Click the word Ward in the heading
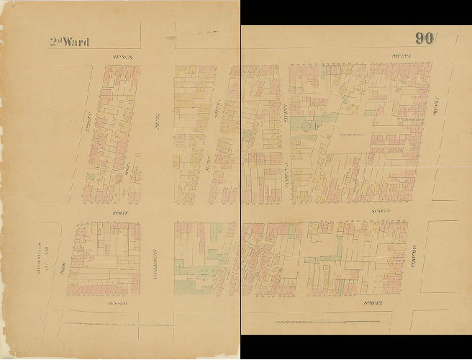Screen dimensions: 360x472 pyautogui.click(x=76, y=42)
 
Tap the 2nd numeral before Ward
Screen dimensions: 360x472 pyautogui.click(x=55, y=42)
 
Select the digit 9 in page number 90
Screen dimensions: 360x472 pyautogui.click(x=419, y=39)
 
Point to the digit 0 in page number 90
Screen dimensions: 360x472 pyautogui.click(x=429, y=39)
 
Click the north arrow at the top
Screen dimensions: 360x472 pyautogui.click(x=191, y=32)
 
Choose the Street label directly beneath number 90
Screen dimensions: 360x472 pyautogui.click(x=400, y=55)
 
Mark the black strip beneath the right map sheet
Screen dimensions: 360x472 pyautogui.click(x=356, y=347)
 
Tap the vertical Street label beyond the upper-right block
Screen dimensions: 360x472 pyautogui.click(x=436, y=108)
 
